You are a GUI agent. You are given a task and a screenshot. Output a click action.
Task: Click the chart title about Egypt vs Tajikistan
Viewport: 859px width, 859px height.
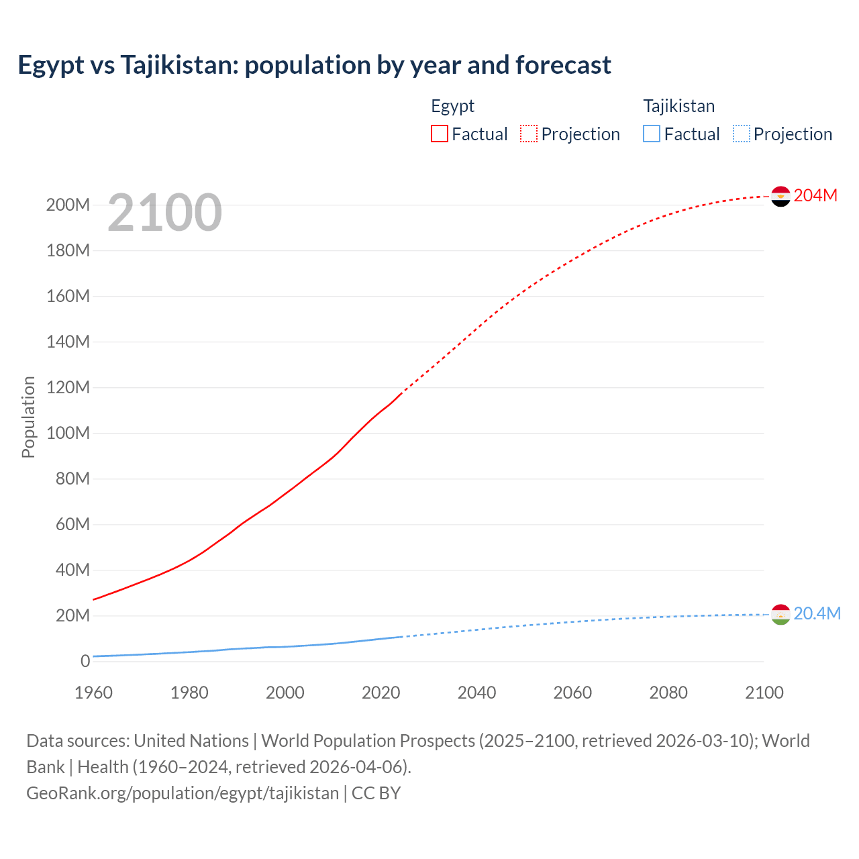point(314,65)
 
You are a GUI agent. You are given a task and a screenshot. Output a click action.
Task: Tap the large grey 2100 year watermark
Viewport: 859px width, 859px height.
point(164,213)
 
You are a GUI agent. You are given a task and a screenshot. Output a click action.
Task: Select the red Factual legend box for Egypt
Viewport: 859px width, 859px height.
point(440,134)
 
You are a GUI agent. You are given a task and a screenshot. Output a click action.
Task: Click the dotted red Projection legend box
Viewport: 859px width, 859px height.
point(529,134)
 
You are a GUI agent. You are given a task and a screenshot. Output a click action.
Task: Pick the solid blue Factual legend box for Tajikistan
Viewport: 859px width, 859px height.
point(652,134)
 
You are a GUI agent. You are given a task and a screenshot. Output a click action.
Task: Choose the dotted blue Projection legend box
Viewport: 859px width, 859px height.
point(742,134)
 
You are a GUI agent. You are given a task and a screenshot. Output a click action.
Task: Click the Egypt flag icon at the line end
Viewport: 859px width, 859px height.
point(780,196)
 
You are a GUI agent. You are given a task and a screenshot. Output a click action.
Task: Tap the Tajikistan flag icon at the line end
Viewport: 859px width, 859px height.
point(780,614)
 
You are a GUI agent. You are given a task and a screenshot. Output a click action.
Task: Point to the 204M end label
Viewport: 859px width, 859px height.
point(815,195)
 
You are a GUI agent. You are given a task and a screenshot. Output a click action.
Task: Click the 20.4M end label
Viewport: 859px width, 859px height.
point(817,614)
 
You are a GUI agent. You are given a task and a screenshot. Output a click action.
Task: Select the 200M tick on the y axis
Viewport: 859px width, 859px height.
point(68,205)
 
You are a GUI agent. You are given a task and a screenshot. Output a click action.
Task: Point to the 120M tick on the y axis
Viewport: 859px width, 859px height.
point(68,388)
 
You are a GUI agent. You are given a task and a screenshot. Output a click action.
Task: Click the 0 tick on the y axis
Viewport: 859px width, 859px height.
point(85,662)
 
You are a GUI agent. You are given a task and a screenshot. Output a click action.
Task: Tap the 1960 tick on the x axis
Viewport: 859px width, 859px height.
point(93,693)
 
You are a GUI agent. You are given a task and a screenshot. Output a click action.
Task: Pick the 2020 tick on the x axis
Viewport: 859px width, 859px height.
point(381,693)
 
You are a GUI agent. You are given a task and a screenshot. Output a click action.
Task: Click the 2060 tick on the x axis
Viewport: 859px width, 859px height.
point(572,693)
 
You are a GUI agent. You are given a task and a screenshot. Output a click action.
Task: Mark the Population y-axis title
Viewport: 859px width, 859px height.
point(28,417)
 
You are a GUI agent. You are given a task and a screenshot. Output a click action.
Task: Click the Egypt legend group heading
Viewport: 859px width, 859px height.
point(452,106)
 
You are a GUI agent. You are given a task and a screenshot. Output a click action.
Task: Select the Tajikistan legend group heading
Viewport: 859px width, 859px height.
point(678,106)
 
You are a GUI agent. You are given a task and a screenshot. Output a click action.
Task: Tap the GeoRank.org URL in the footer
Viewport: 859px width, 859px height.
point(183,793)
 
